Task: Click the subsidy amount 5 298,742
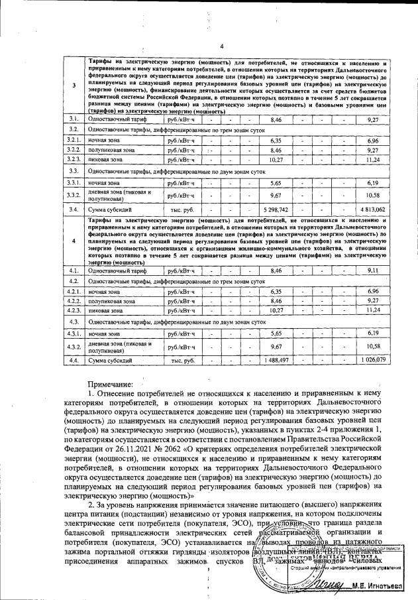276,209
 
